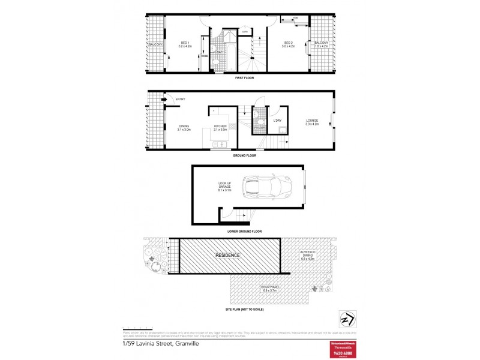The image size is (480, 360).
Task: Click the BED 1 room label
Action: pyautogui.click(x=185, y=44)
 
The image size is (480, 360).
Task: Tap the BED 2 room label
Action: pyautogui.click(x=288, y=44)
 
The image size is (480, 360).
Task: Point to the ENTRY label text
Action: pyautogui.click(x=181, y=99)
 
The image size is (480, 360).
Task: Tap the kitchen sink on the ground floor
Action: pyautogui.click(x=221, y=145)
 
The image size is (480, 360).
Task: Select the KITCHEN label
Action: pyautogui.click(x=220, y=127)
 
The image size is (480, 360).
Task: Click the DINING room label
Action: pyautogui.click(x=184, y=127)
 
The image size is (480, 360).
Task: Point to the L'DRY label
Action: pyautogui.click(x=278, y=121)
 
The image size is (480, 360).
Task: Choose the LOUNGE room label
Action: pyautogui.click(x=312, y=122)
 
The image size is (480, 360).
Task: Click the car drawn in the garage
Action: pyautogui.click(x=267, y=187)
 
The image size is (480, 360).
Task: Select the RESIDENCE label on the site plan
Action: pyautogui.click(x=227, y=255)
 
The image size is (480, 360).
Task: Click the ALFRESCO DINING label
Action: pyautogui.click(x=307, y=256)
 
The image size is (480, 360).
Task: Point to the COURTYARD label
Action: pyautogui.click(x=270, y=289)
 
